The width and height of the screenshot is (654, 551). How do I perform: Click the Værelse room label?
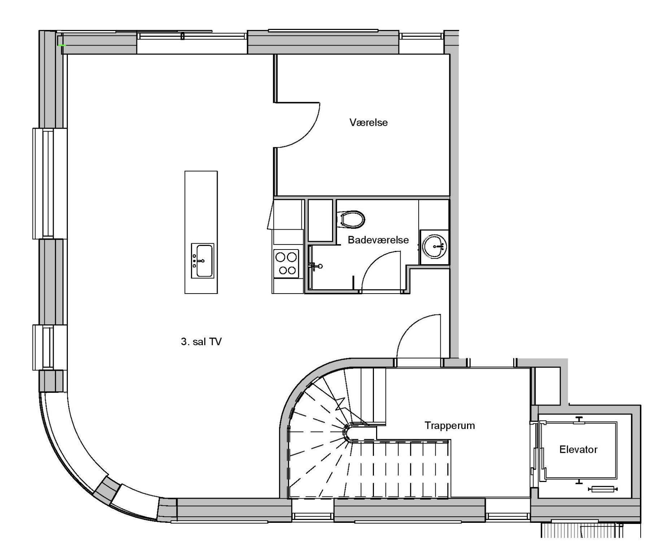[369, 122]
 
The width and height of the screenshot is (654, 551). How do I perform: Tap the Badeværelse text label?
[378, 240]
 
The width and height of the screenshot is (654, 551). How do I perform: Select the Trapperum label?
[450, 426]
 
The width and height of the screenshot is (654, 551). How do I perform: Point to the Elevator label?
[578, 450]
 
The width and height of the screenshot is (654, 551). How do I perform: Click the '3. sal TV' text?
[201, 342]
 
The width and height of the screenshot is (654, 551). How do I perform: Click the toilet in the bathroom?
[351, 219]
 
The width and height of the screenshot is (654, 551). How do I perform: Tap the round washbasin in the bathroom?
[435, 246]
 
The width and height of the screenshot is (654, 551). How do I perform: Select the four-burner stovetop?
[286, 264]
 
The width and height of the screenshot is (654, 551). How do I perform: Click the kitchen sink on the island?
[202, 261]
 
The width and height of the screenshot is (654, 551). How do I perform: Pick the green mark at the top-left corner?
[62, 45]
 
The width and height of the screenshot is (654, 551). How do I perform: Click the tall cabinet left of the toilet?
[320, 220]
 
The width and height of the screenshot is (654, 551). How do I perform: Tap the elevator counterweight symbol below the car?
[603, 489]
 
